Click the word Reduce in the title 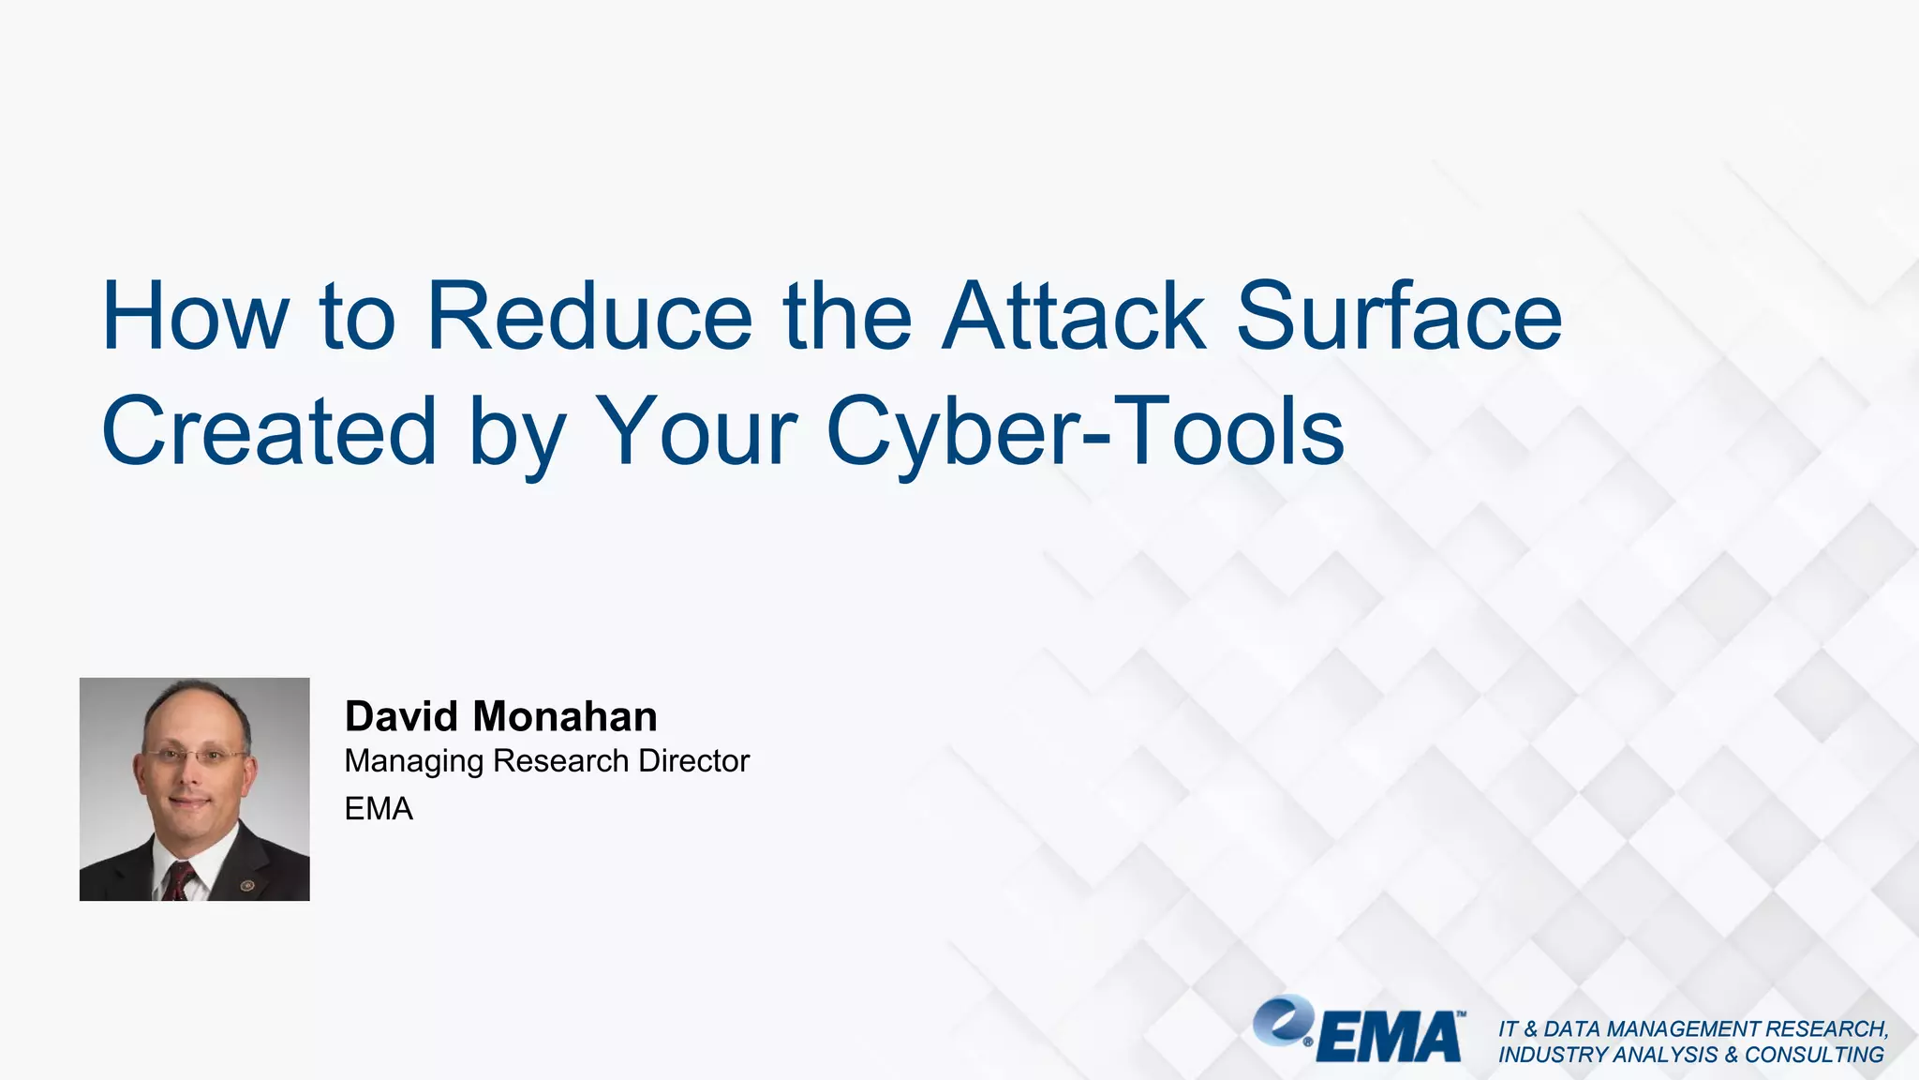tap(589, 316)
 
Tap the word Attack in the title tap(1074, 316)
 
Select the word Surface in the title tap(1399, 316)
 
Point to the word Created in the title tap(269, 431)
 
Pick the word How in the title tap(195, 316)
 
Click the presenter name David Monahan tap(501, 716)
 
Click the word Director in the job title tap(693, 760)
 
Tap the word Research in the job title tap(560, 760)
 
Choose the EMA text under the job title tap(379, 808)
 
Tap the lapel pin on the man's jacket tap(247, 885)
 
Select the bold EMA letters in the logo tap(1390, 1037)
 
